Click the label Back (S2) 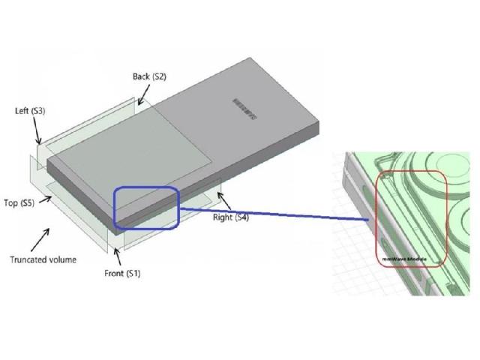click(149, 76)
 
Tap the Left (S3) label click(31, 111)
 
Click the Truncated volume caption click(43, 259)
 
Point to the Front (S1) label click(122, 273)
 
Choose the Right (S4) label click(231, 217)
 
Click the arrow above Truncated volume click(42, 238)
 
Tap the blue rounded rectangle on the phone click(145, 208)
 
